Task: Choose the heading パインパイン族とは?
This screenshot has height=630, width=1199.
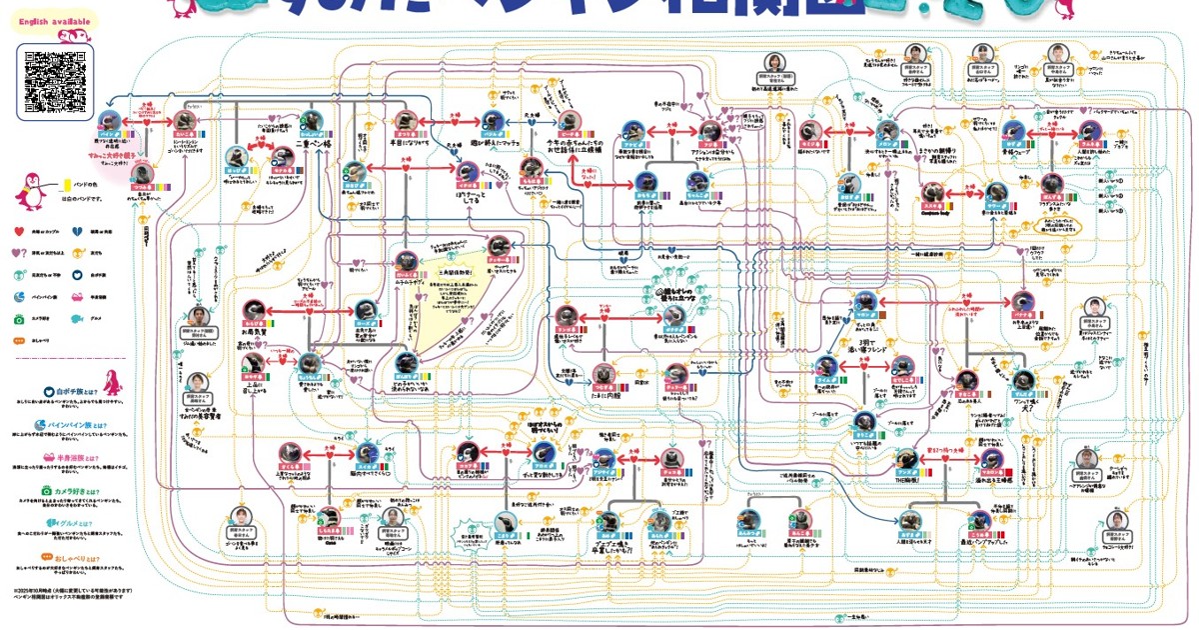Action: (75, 425)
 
